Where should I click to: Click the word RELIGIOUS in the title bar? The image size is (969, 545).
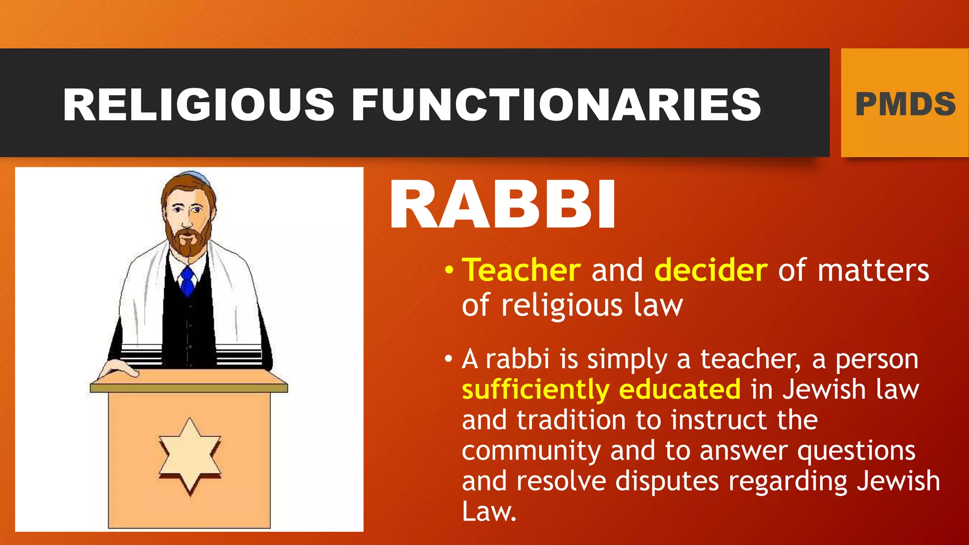click(x=199, y=105)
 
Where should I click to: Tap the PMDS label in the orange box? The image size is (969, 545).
click(x=905, y=105)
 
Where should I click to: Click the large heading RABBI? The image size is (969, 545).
click(x=502, y=205)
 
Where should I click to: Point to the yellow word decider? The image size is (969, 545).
click(x=711, y=271)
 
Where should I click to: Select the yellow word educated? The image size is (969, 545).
click(x=679, y=389)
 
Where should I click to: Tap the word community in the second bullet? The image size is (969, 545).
click(x=531, y=451)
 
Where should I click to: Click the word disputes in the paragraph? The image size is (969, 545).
click(x=667, y=482)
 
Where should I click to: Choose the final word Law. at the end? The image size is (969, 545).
click(x=489, y=512)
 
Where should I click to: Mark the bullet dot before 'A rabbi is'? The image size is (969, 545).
click(x=449, y=360)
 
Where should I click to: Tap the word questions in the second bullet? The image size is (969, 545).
click(x=856, y=451)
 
